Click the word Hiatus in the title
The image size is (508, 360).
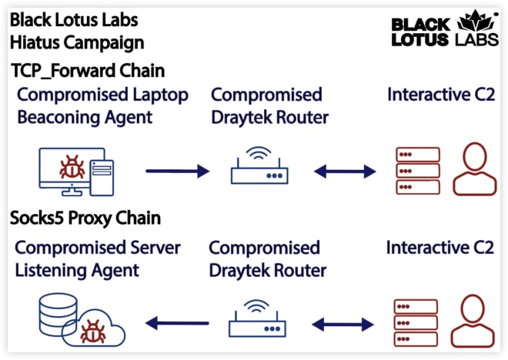coord(35,42)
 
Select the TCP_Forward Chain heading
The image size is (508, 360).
coord(88,71)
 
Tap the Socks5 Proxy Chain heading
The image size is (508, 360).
coord(85,218)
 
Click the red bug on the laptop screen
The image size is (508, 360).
coord(72,167)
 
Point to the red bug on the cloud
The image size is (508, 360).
coord(93,332)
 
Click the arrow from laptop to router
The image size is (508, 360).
coord(177,171)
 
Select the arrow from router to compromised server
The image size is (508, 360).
coord(177,323)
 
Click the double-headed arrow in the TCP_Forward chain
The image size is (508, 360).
coord(345,172)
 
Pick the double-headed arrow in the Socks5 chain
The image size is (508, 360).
coord(343,324)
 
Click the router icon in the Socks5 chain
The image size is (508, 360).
coord(257,318)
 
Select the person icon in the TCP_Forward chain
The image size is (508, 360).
coord(475,169)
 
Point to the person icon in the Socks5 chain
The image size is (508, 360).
coord(473,321)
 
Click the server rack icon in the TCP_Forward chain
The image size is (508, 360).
coord(418,171)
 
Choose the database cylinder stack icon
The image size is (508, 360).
coord(58,315)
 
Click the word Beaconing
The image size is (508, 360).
coord(58,117)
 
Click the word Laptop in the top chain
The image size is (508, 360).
coord(161,95)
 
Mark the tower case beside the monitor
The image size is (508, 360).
coord(102,178)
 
